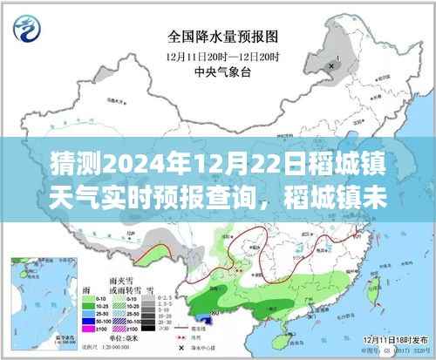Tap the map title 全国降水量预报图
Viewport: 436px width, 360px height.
(x=217, y=37)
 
